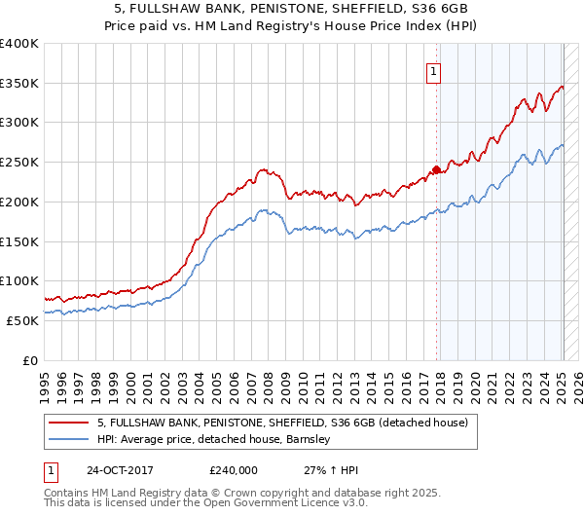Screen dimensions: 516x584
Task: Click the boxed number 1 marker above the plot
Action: pyautogui.click(x=431, y=70)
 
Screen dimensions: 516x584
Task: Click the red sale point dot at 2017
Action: pyautogui.click(x=436, y=170)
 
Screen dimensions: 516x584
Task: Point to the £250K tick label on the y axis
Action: pyautogui.click(x=19, y=163)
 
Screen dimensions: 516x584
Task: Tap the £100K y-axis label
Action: pyautogui.click(x=19, y=281)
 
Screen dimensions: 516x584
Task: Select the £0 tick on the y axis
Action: pyautogui.click(x=29, y=360)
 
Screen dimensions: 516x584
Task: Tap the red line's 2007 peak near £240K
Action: pyautogui.click(x=262, y=168)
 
